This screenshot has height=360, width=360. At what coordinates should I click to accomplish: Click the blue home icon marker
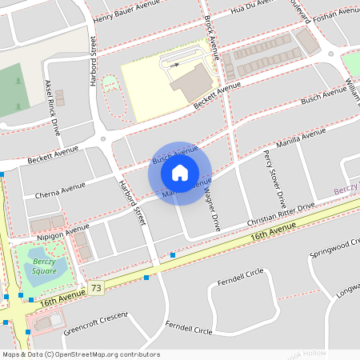tap(180, 172)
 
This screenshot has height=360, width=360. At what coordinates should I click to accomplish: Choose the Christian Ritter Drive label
tap(282, 214)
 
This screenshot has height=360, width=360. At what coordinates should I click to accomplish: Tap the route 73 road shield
tap(97, 287)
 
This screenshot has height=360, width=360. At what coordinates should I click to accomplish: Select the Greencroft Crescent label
tap(95, 320)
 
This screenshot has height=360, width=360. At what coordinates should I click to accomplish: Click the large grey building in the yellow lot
tap(192, 82)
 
